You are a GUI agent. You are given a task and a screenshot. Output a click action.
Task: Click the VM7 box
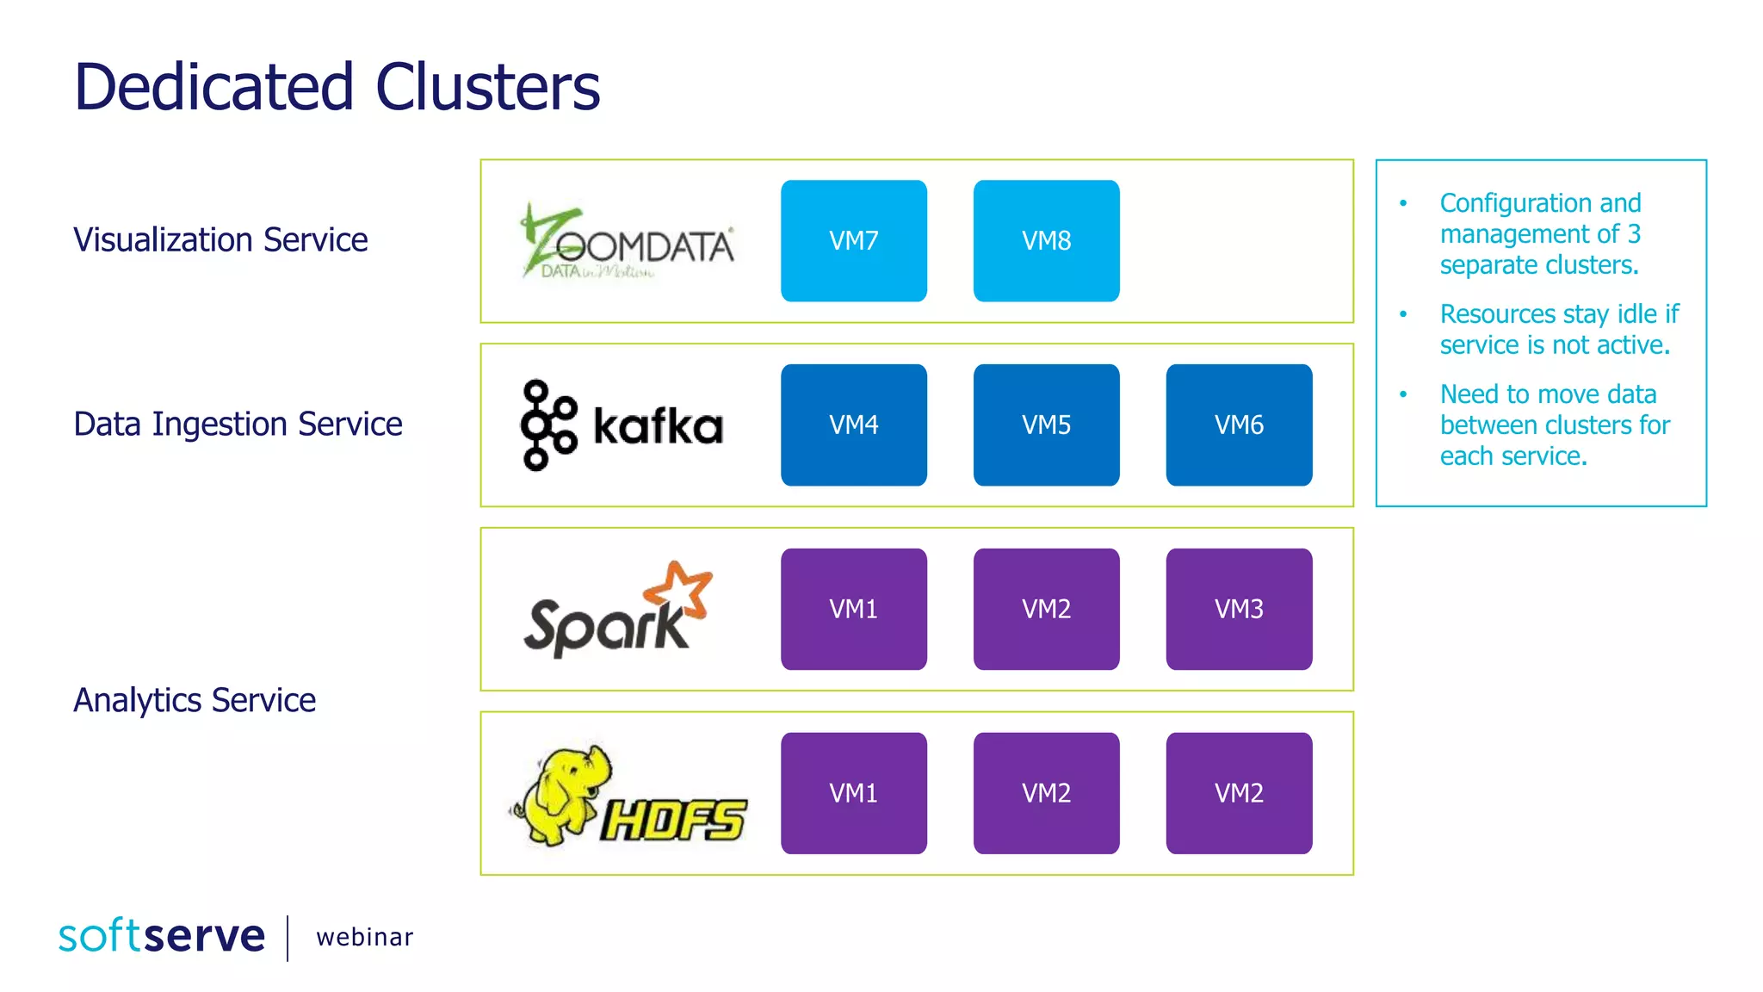pos(853,240)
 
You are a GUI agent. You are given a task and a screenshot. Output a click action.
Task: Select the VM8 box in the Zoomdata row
pos(1046,240)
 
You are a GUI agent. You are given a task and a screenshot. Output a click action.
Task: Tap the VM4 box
pos(853,425)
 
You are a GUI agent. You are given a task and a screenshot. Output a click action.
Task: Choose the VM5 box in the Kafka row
pos(1046,425)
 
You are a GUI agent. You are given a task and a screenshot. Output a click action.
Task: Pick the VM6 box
pos(1239,425)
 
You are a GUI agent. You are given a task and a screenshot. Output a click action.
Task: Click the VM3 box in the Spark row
pos(1239,609)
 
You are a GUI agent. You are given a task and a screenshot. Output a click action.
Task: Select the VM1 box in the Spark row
pos(853,609)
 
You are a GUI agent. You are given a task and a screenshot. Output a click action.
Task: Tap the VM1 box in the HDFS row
pos(853,793)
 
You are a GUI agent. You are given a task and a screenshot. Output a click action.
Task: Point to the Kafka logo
pos(622,425)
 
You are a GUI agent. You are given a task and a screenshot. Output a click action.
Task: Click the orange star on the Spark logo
pos(680,590)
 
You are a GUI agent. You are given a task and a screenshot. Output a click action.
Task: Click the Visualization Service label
pos(220,239)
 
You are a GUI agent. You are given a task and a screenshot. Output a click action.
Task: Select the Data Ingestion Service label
pos(238,424)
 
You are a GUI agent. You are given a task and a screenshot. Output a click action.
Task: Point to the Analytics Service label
pos(195,700)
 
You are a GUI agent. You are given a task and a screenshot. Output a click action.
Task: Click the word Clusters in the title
pos(487,87)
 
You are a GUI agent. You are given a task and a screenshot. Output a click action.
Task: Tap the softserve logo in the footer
pos(162,936)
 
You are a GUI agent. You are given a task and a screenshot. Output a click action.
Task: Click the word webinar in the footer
pos(364,937)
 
